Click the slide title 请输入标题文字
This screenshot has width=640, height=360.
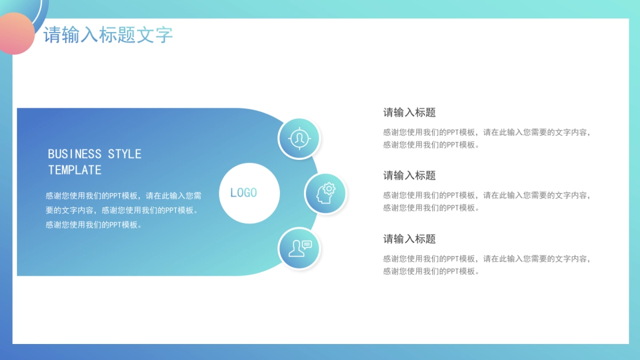(108, 35)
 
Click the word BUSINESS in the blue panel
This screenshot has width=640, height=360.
(75, 154)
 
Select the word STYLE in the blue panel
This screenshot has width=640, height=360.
(125, 154)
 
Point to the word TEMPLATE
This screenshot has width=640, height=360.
(75, 170)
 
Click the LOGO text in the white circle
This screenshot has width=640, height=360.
(244, 193)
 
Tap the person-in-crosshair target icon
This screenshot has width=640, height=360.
(299, 139)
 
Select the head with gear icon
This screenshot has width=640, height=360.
(325, 193)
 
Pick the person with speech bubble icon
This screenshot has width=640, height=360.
(299, 248)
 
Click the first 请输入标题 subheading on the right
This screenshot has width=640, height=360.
(410, 113)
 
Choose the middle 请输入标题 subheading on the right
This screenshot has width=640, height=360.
(410, 175)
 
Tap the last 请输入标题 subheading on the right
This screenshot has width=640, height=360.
(410, 239)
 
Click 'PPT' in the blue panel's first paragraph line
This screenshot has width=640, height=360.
(116, 196)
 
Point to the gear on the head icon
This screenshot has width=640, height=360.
(329, 188)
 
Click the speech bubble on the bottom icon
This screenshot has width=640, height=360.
(306, 245)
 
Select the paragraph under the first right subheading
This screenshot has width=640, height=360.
(486, 139)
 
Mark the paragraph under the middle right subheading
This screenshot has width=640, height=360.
(486, 202)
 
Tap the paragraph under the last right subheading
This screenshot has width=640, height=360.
(486, 265)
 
